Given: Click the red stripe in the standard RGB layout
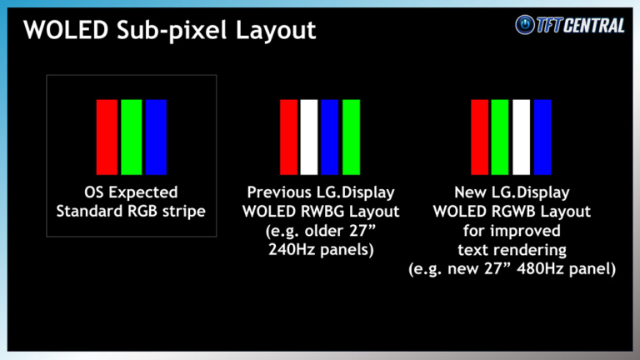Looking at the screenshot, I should pyautogui.click(x=107, y=137).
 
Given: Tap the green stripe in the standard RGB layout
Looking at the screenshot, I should pyautogui.click(x=131, y=137).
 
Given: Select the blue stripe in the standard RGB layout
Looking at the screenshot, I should pyautogui.click(x=156, y=137).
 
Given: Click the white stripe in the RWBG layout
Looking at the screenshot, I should pyautogui.click(x=309, y=137).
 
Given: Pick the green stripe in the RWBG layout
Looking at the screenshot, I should pyautogui.click(x=351, y=137).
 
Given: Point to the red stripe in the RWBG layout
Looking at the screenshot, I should pyautogui.click(x=288, y=137).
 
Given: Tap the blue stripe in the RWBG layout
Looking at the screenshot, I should pyautogui.click(x=330, y=137).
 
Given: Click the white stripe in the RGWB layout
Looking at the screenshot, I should pyautogui.click(x=522, y=137).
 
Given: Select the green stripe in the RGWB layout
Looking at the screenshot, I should pyautogui.click(x=500, y=137).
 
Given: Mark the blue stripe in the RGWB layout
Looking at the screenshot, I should pyautogui.click(x=542, y=137).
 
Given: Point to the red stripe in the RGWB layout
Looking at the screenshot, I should pyautogui.click(x=479, y=137).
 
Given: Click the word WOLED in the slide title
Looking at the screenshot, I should pyautogui.click(x=57, y=31).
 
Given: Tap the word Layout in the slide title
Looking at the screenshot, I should pyautogui.click(x=274, y=32).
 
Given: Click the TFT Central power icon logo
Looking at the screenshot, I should pyautogui.click(x=526, y=25).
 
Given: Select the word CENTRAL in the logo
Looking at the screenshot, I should pyautogui.click(x=595, y=25).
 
